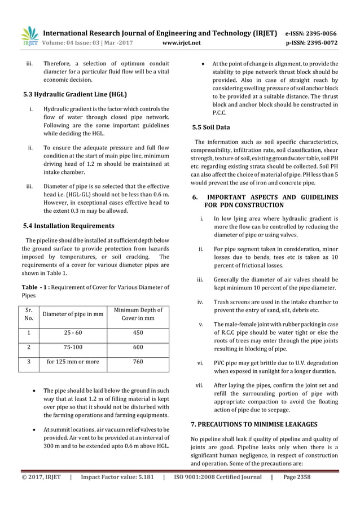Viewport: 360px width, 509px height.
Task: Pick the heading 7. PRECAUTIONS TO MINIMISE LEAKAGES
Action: pyautogui.click(x=254, y=424)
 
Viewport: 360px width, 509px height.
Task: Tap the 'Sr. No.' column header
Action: pyautogui.click(x=29, y=314)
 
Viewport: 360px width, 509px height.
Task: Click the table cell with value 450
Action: pyautogui.click(x=138, y=333)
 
